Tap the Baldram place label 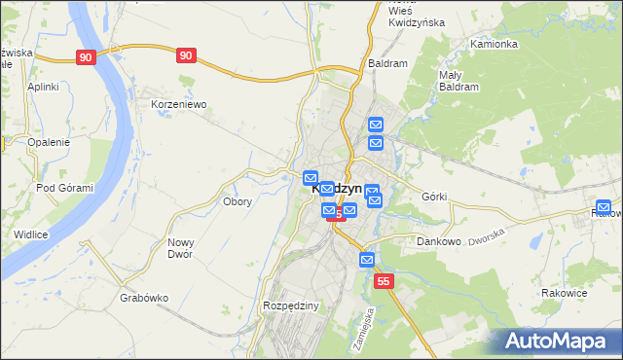[387, 62]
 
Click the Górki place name [434, 197]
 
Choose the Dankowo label [438, 240]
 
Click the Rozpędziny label [291, 306]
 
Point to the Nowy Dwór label [180, 248]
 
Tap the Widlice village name [31, 234]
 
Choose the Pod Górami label [58, 188]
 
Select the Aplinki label [44, 87]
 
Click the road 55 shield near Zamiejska [385, 281]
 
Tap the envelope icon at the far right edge [604, 208]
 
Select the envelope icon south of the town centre [367, 260]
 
